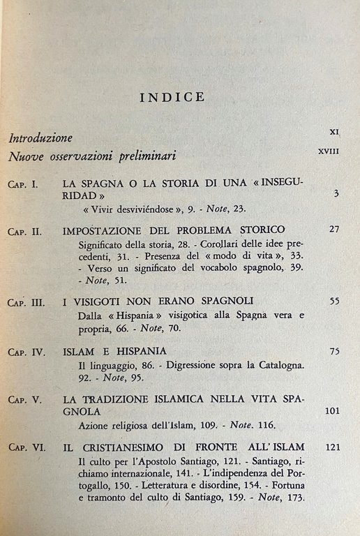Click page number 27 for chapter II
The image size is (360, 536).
coord(333,229)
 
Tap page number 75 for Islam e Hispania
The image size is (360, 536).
coord(333,349)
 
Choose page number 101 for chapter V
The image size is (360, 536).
coord(331,410)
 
